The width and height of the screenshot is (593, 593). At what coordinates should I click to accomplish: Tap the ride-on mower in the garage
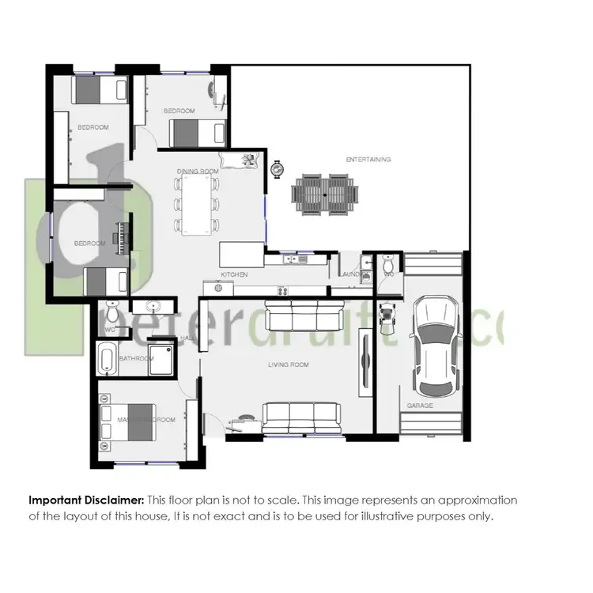(x=387, y=315)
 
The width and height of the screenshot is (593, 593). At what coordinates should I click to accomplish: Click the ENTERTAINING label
(x=368, y=159)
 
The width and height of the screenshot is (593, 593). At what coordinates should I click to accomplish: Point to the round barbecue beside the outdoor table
(x=277, y=169)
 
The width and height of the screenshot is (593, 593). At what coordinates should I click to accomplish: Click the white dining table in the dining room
(x=197, y=205)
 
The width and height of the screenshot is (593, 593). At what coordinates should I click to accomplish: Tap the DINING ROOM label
(x=197, y=171)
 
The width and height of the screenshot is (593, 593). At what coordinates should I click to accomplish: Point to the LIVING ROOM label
(x=289, y=364)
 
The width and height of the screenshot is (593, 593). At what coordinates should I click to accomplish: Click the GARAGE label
(x=419, y=405)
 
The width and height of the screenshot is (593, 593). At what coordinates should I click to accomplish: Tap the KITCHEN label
(x=235, y=274)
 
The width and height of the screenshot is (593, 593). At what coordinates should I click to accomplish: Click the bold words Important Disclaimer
(x=87, y=500)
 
